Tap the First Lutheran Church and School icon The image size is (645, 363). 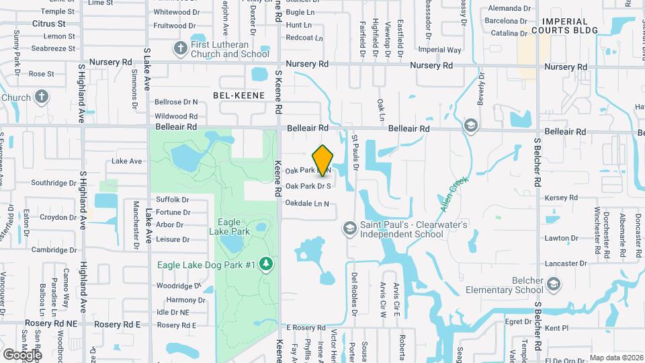point(180,48)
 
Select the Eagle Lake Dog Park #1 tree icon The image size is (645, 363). point(267,264)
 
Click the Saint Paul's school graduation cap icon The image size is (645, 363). point(349,229)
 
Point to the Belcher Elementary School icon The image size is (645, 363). point(552,284)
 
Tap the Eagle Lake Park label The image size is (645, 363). point(234,226)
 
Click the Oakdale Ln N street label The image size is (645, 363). point(307,204)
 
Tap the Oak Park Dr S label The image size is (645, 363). point(308,186)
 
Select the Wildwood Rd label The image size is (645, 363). point(175,116)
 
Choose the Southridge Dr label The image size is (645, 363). point(54,182)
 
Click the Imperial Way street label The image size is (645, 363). point(439,50)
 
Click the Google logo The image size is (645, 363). point(21,354)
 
